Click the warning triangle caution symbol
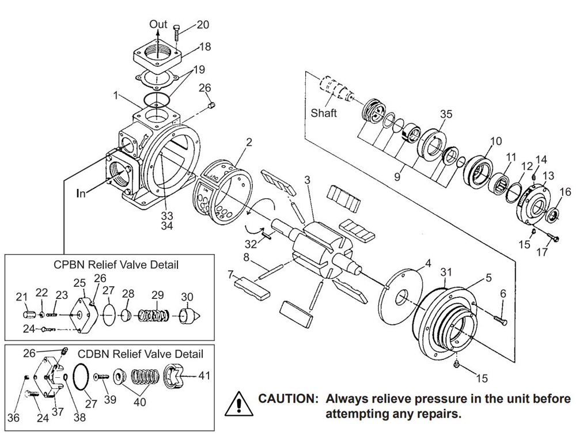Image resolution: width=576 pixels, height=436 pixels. coord(237,404)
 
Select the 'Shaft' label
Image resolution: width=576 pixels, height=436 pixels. coord(323,113)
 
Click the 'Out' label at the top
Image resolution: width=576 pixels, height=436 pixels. coord(158,24)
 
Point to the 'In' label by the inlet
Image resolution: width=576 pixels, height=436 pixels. coord(81,194)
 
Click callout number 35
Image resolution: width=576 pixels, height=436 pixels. coord(446,114)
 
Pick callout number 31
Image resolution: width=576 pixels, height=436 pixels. coord(446,271)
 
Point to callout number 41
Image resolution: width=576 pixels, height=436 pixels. coord(204,376)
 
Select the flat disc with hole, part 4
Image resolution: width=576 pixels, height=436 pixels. coord(400,294)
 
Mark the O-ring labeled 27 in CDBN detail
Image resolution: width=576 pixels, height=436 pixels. coord(82,377)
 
